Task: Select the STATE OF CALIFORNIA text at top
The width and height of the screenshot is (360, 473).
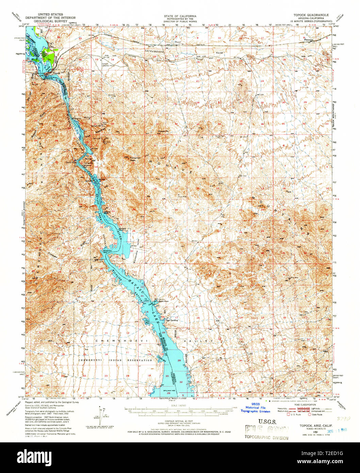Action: pyautogui.click(x=180, y=16)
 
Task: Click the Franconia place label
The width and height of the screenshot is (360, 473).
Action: pyautogui.click(x=309, y=40)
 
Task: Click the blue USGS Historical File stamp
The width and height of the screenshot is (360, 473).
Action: pyautogui.click(x=255, y=408)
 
